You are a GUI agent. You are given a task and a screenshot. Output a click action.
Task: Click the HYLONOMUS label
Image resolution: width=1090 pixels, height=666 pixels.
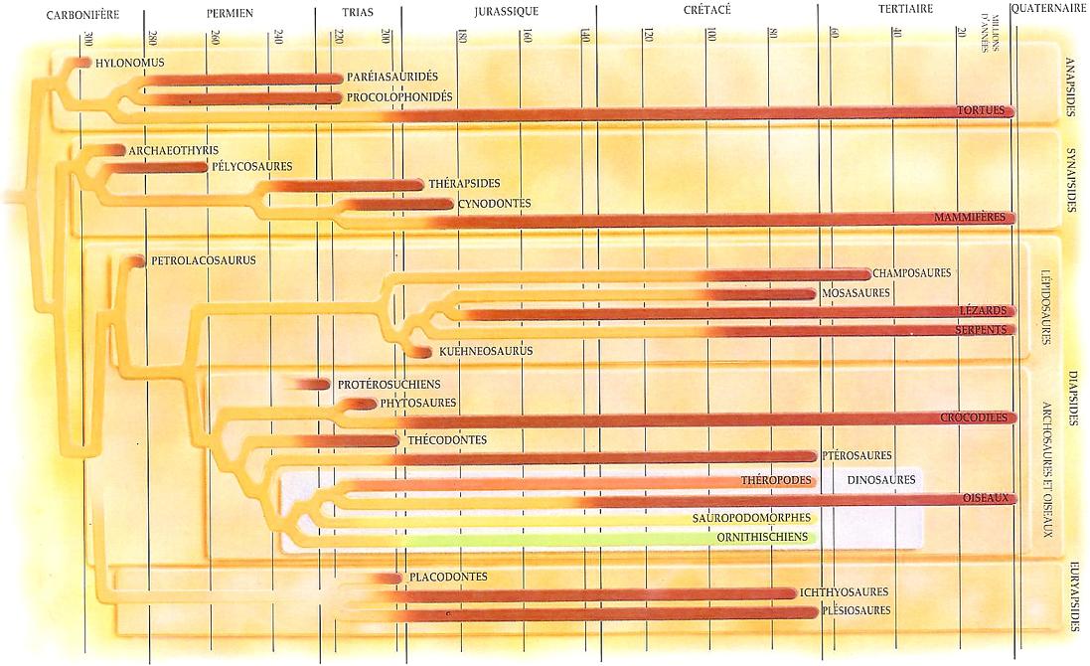click(x=129, y=63)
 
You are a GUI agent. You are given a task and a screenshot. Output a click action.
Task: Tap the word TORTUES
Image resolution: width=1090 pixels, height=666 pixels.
click(x=981, y=110)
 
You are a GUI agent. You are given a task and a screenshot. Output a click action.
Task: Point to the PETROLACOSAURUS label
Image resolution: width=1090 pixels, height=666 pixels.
click(x=204, y=260)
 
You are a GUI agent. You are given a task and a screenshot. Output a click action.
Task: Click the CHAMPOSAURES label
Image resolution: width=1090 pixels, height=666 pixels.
click(x=911, y=272)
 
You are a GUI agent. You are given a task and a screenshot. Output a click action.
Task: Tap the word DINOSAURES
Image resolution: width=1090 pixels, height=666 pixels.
click(x=881, y=480)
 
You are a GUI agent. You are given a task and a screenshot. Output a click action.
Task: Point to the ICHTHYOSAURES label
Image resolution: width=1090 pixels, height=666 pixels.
click(x=845, y=592)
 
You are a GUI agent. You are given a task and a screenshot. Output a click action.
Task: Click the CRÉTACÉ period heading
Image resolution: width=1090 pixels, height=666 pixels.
click(x=707, y=11)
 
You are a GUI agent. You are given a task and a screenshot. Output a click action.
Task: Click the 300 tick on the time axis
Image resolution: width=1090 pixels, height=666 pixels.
click(x=88, y=39)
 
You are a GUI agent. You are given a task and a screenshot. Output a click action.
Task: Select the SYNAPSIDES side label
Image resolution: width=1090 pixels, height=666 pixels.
click(x=1070, y=180)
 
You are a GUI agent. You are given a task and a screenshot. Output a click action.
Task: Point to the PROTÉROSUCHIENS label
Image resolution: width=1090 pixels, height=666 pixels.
click(x=389, y=384)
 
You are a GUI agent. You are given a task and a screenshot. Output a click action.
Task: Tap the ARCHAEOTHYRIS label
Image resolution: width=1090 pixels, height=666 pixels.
click(x=173, y=150)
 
